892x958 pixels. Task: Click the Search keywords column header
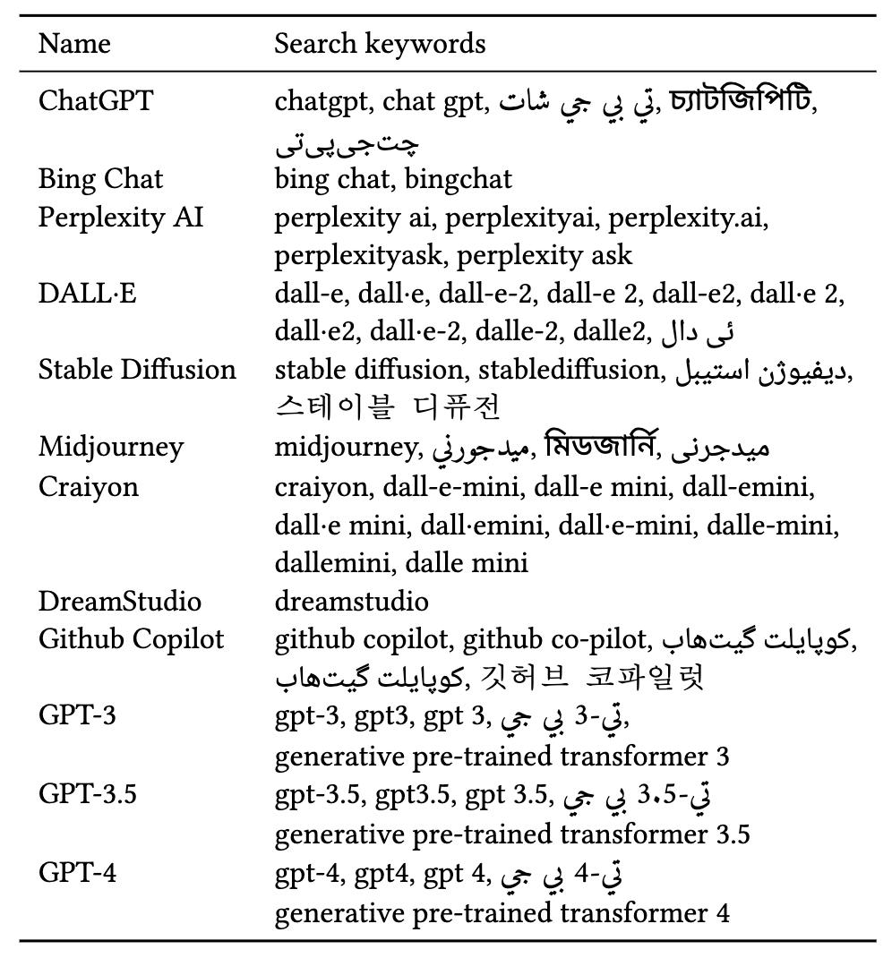(x=380, y=43)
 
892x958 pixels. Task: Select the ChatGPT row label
(x=96, y=100)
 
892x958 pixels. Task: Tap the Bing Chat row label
(x=100, y=178)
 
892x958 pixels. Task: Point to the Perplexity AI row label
(x=120, y=217)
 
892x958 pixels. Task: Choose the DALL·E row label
(x=88, y=294)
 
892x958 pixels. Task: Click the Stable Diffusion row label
(x=137, y=370)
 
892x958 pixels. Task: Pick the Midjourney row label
(x=110, y=447)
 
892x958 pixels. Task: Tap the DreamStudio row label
(x=119, y=601)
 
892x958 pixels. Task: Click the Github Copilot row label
(x=131, y=639)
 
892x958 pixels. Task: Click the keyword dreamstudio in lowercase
(x=352, y=601)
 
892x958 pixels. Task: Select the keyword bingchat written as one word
(x=459, y=178)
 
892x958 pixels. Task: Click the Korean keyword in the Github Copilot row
(x=592, y=679)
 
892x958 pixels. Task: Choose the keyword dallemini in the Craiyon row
(x=333, y=563)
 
